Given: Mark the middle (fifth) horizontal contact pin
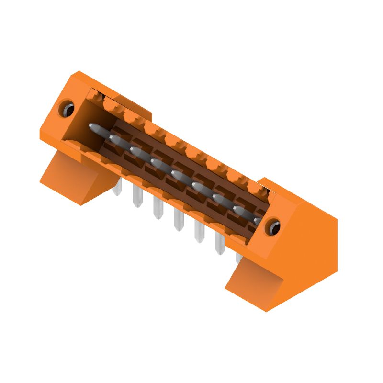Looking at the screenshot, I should pyautogui.click(x=177, y=175).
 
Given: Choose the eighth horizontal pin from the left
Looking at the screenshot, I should pyautogui.click(x=238, y=210).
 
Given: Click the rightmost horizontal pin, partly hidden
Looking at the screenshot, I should pyautogui.click(x=258, y=220).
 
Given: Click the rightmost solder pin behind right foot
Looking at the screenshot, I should pyautogui.click(x=238, y=258).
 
